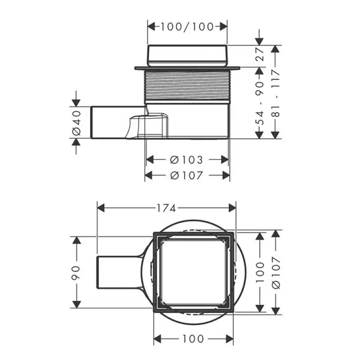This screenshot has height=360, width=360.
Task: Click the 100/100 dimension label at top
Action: point(187,27)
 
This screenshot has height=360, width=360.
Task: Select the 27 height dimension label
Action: point(260,54)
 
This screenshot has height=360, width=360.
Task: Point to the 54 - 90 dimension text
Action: point(260,103)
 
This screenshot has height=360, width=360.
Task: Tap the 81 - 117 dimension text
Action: point(275,93)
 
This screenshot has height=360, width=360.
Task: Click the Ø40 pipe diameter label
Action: point(77,123)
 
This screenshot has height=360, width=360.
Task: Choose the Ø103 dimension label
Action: point(187,160)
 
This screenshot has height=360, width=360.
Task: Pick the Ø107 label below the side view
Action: point(187,176)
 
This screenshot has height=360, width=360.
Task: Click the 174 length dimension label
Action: point(166,208)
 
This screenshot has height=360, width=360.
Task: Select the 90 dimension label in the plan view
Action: point(76,273)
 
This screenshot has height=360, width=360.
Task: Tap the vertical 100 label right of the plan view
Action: point(260,272)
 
